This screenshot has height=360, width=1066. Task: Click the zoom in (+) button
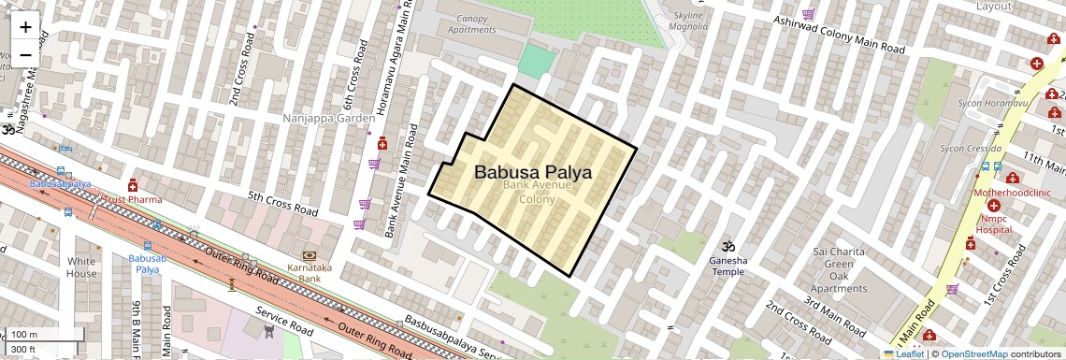[x=25, y=26]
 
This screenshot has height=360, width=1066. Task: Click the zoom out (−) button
[x=25, y=54]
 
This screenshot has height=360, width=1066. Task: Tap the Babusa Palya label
[x=532, y=172]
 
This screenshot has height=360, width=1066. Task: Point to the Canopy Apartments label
[x=470, y=23]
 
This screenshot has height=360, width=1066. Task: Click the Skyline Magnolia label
[x=690, y=22]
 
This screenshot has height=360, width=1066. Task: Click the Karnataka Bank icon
[x=309, y=255]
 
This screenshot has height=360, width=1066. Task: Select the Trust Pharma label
[x=132, y=199]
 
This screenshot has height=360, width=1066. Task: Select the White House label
[x=81, y=266]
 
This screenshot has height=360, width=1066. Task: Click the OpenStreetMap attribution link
[x=974, y=353]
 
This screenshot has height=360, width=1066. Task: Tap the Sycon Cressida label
[x=971, y=149]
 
